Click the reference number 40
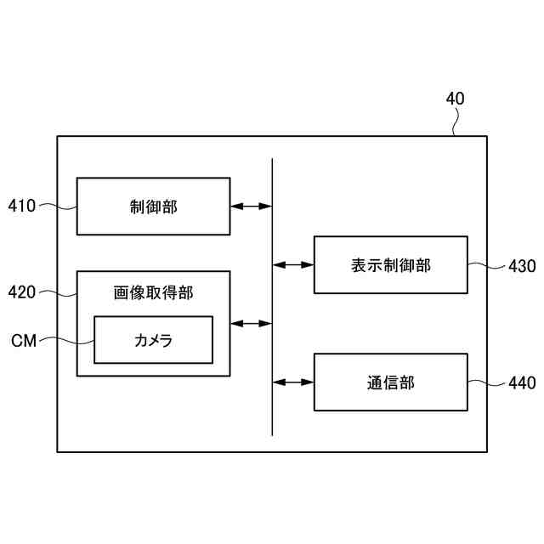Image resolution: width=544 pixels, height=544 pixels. tap(455, 99)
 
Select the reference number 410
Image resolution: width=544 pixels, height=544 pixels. tap(22, 205)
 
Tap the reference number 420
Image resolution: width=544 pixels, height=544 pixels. tap(22, 292)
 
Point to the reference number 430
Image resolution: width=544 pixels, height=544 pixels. tap(521, 266)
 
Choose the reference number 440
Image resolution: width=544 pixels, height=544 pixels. tap(521, 383)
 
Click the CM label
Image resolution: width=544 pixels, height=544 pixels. tap(24, 341)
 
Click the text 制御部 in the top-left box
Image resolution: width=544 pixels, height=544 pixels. tap(153, 206)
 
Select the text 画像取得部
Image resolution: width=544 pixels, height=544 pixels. tap(153, 292)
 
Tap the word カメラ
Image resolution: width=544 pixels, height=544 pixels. tap(153, 340)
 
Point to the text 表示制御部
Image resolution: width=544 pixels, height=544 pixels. tap(390, 265)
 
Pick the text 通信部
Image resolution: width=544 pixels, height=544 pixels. tap(390, 382)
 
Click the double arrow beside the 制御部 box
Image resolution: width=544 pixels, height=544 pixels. tap(251, 206)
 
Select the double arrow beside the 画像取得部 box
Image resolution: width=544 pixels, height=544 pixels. tap(251, 323)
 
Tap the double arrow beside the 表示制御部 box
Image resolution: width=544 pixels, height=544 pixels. tap(293, 265)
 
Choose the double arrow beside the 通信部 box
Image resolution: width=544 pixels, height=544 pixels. tap(293, 382)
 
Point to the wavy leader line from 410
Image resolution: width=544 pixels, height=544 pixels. tap(57, 205)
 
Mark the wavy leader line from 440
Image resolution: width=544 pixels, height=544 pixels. tap(486, 382)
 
